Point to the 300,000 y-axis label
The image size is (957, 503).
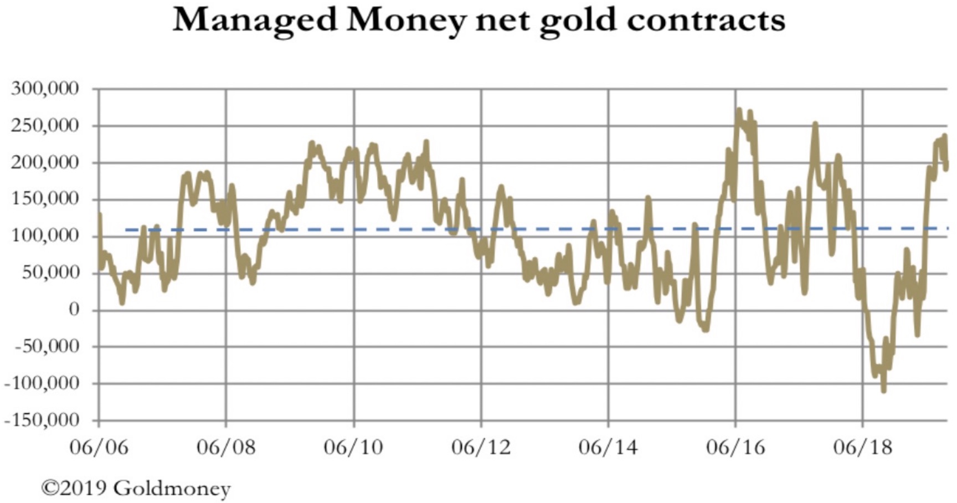coord(45,89)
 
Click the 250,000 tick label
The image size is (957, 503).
coord(45,126)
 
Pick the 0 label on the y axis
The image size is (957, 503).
coord(74,310)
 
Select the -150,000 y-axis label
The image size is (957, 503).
coord(42,420)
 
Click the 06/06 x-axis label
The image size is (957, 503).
coord(99,446)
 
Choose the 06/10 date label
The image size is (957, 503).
coord(353,446)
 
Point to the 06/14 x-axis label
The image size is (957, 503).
coord(608,446)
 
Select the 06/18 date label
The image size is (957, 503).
coord(862,446)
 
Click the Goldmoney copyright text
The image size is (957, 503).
coord(136,488)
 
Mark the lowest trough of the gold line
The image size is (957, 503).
coord(883,391)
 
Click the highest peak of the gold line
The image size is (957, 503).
coord(738,110)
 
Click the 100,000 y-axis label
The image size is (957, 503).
coord(45,236)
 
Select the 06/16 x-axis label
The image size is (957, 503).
coord(735,446)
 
